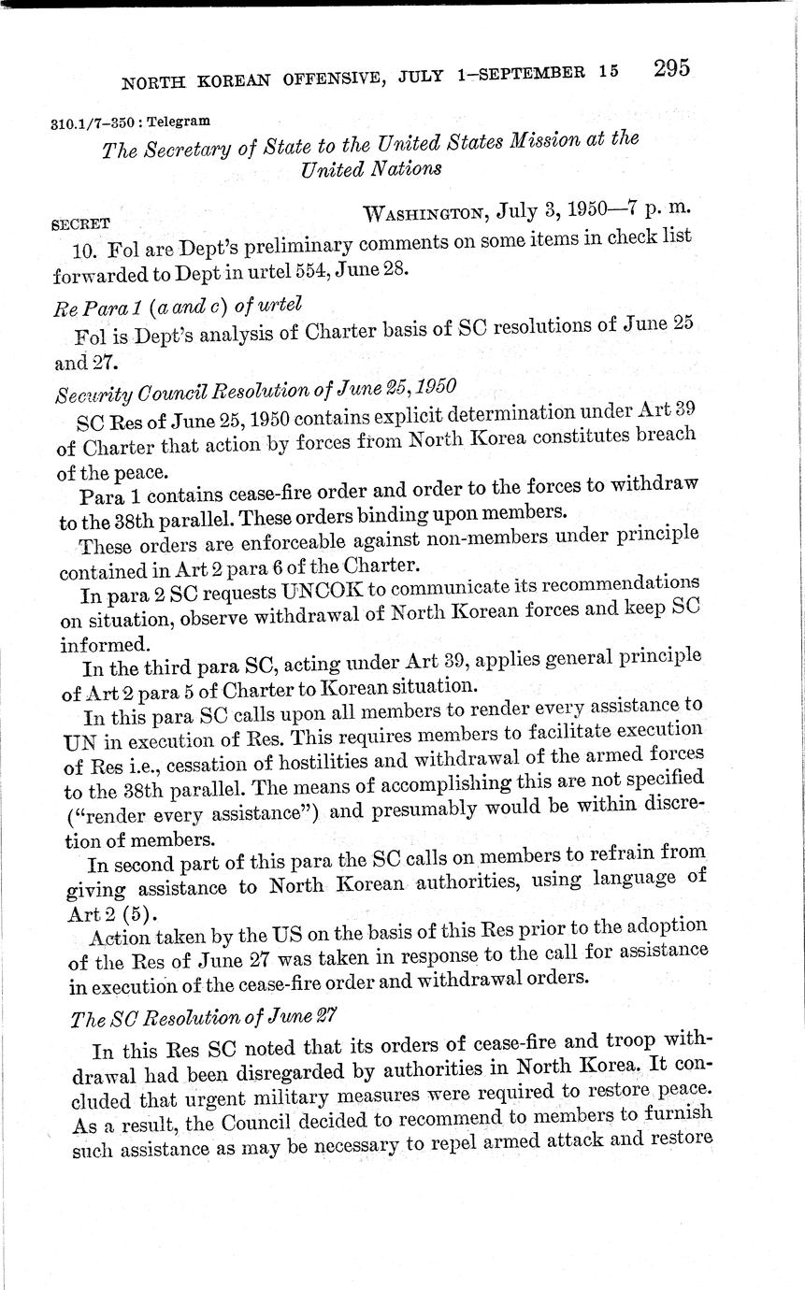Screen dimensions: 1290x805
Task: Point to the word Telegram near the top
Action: click(183, 121)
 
